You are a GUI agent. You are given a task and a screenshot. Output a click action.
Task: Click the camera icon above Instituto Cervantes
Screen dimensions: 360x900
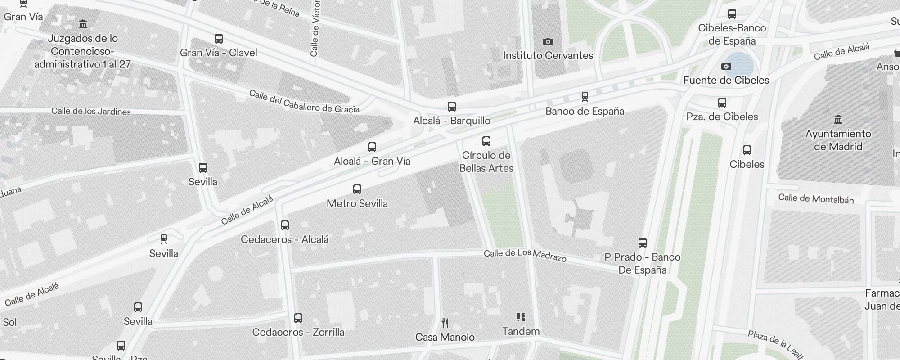(x=548, y=42)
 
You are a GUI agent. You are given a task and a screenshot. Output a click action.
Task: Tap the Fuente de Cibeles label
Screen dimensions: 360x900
(x=726, y=80)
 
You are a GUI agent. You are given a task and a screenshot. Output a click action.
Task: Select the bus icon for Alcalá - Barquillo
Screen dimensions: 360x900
(x=452, y=107)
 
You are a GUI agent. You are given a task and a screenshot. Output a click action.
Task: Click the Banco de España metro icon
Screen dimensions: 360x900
(x=585, y=97)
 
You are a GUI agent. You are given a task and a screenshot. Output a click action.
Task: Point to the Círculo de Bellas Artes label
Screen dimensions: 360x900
(x=486, y=162)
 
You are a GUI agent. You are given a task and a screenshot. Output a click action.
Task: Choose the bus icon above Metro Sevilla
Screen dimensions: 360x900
(x=357, y=189)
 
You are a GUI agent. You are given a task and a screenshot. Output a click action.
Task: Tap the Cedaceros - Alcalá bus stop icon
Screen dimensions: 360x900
(x=284, y=225)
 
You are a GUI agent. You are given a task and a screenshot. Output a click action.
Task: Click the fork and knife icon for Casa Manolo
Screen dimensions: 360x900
(x=445, y=323)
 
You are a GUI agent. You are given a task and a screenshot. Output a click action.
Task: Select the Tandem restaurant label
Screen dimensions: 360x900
(x=521, y=331)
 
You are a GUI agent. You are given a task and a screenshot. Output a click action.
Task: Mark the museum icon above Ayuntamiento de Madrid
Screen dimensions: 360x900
(x=838, y=120)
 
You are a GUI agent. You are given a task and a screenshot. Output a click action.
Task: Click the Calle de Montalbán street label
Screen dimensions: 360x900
(x=816, y=198)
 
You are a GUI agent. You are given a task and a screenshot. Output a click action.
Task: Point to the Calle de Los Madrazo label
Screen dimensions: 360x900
(x=525, y=255)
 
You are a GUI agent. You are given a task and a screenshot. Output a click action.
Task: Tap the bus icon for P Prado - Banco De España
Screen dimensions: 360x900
(x=643, y=243)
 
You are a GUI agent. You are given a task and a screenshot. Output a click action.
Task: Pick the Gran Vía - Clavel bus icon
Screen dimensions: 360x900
(x=219, y=39)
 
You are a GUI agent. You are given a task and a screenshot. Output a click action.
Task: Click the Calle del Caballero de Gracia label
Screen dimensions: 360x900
(x=304, y=102)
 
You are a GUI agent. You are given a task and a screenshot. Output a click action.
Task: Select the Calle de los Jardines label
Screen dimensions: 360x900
(x=91, y=111)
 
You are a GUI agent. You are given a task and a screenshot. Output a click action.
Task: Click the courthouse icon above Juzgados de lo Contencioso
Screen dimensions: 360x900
(x=83, y=24)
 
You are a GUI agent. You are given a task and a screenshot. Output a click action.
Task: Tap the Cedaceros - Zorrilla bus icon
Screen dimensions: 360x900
(x=298, y=318)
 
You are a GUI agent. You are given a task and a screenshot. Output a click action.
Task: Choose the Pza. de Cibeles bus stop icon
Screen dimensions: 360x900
(x=722, y=103)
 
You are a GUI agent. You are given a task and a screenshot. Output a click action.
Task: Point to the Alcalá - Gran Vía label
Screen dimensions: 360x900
(x=372, y=161)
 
